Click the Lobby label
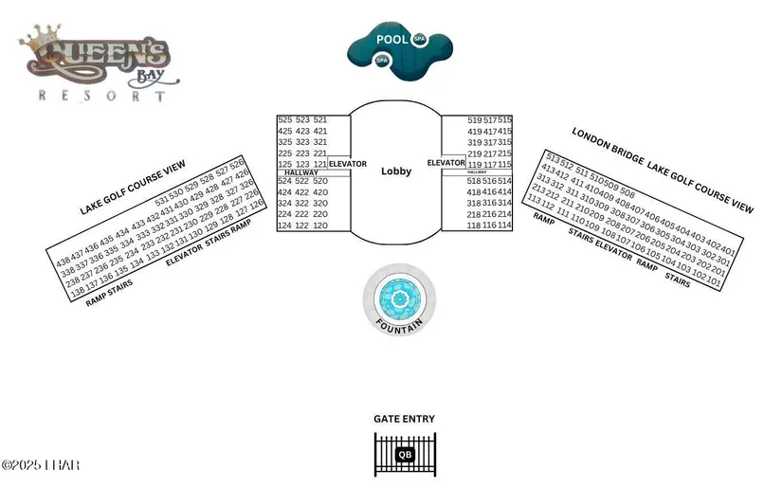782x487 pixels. (396, 171)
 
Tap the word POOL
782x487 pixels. (391, 40)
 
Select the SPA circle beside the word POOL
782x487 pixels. (419, 40)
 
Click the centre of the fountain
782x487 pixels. (400, 301)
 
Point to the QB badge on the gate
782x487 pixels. (405, 455)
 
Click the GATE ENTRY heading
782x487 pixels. (405, 418)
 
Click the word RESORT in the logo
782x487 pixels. (102, 95)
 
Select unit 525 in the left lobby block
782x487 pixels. (285, 120)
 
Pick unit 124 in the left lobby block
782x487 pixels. (285, 225)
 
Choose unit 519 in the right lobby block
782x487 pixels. (475, 120)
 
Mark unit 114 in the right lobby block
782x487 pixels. (504, 225)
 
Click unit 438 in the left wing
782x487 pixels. (64, 261)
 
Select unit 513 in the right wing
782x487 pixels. (554, 159)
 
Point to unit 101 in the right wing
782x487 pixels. (726, 282)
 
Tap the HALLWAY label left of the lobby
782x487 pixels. (300, 172)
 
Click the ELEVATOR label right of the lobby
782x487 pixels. (446, 163)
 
